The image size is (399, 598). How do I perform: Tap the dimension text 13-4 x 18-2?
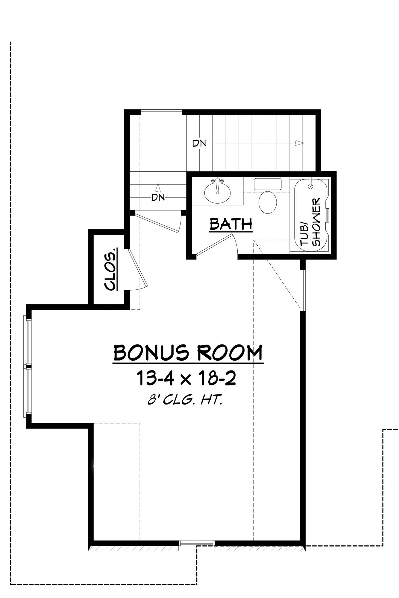(186, 378)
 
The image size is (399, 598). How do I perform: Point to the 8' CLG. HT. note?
(185, 400)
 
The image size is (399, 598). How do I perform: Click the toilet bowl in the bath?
(267, 202)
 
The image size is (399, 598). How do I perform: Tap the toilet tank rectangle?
(268, 184)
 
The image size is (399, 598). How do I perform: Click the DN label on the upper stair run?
(199, 143)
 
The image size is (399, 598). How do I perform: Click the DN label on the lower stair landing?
(158, 197)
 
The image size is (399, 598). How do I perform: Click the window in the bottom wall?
(197, 542)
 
